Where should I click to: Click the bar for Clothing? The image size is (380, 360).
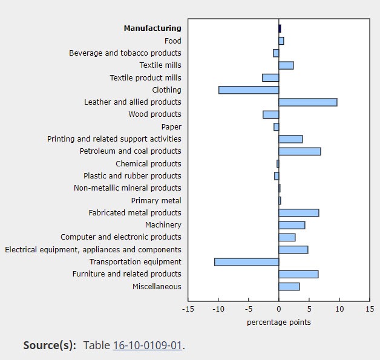248,90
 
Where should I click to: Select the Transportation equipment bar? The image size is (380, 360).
246,262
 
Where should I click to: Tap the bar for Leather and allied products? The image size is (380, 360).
307,102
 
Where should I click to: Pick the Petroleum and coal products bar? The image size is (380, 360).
300,151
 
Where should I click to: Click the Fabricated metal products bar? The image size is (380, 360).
298,213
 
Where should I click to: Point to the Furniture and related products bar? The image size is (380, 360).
298,274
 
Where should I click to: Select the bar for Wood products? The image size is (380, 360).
270,114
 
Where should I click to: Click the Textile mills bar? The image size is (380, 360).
286,65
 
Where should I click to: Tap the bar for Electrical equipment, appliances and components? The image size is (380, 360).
293,250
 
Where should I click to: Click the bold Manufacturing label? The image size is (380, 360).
152,28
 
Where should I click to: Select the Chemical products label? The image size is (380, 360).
148,164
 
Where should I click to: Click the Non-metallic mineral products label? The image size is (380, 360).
127,188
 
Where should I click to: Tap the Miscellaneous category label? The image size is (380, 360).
157,287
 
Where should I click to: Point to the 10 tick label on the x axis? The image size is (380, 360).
339,309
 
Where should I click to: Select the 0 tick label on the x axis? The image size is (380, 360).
278,309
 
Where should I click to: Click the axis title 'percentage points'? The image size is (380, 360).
278,322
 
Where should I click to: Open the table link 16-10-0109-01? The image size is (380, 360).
147,345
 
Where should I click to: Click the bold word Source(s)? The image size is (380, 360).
50,345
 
